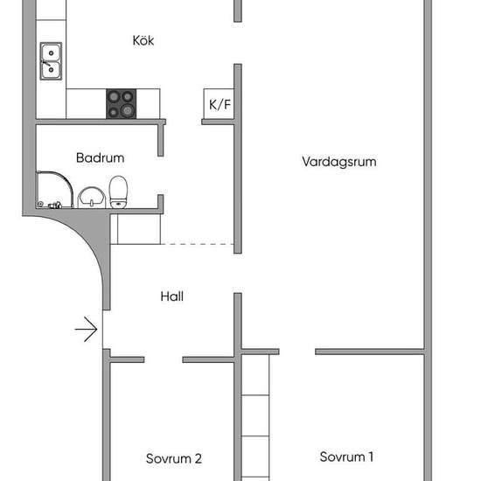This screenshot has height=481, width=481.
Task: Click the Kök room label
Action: pos(143,40)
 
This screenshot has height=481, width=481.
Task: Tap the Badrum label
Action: pos(101,158)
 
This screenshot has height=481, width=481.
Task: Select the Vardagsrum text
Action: pos(339,162)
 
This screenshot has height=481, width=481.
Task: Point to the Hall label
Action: pos(172,296)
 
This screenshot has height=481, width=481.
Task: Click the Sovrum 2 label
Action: pos(174,458)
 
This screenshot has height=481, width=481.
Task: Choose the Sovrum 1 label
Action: pos(346,457)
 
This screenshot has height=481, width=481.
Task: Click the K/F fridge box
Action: pos(219,104)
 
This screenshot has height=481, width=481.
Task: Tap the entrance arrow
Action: pos(87,329)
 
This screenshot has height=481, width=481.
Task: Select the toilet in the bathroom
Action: pos(118,192)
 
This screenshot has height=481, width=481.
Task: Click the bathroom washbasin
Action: pos(92,198)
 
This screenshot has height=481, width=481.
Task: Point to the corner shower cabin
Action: pos(54,190)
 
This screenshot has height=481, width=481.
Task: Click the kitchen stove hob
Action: pos(122,104)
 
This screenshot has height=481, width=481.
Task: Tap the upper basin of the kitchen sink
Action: pos(52,52)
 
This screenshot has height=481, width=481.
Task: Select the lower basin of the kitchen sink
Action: pos(52,70)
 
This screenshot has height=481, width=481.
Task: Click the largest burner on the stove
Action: pos(128,110)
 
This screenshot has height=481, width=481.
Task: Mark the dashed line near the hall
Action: pos(198,244)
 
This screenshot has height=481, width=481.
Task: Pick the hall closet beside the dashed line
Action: pos(136,229)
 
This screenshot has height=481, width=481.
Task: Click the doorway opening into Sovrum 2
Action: pos(164,359)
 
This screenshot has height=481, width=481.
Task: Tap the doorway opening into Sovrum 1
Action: pos(297,352)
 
